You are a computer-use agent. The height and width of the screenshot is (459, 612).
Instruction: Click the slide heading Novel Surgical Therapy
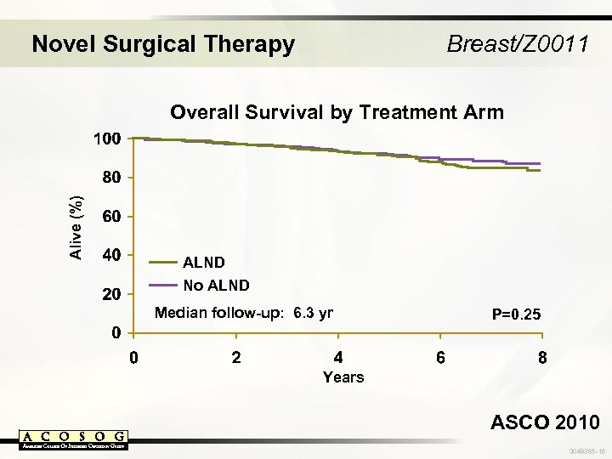[x=163, y=43]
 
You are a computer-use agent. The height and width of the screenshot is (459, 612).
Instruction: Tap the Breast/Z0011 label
[x=517, y=43]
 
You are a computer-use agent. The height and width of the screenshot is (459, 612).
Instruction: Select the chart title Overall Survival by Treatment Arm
[x=337, y=112]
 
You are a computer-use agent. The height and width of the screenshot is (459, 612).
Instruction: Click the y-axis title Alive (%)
[x=76, y=226]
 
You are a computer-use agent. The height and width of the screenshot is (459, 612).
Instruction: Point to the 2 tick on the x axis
[x=236, y=357]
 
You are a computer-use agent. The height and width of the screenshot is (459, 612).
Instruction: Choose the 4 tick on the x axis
[x=338, y=357]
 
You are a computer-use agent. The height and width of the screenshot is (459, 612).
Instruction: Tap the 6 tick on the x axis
[x=439, y=357]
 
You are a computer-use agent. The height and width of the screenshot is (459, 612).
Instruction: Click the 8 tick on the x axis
[x=541, y=357]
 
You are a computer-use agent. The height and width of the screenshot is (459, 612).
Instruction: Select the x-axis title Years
[x=343, y=377]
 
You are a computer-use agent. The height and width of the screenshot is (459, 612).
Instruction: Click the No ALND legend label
[x=217, y=285]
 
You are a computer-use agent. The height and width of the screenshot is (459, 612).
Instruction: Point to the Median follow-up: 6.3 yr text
[x=244, y=313]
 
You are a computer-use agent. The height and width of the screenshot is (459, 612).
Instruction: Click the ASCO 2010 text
[x=544, y=422]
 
